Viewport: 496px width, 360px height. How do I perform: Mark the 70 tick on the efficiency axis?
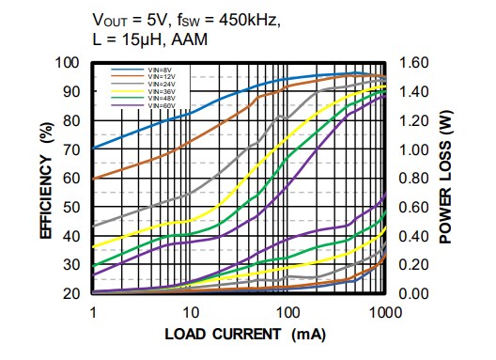74,149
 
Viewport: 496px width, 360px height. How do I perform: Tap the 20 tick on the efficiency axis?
74,294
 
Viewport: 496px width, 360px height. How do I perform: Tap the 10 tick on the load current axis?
190,312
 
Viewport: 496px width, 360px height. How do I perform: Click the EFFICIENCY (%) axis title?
45,179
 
